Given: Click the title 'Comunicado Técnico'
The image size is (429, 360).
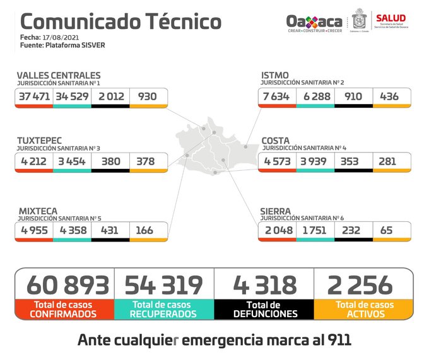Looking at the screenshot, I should (121, 22).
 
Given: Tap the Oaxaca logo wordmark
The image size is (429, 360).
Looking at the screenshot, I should (314, 21).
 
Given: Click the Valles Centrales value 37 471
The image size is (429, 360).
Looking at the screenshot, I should (34, 96).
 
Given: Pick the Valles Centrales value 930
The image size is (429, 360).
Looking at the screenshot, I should (148, 96).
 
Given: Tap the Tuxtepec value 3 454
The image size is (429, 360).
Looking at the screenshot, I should (72, 161).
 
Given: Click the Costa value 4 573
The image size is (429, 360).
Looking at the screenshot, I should (276, 161).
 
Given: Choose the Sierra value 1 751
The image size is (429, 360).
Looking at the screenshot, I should (314, 230).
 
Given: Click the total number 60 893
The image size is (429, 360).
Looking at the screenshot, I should (68, 285).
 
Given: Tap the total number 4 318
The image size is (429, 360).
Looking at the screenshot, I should (264, 285).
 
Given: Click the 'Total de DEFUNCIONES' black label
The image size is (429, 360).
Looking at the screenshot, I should (264, 309).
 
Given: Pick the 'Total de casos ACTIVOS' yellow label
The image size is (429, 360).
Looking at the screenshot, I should (364, 309).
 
